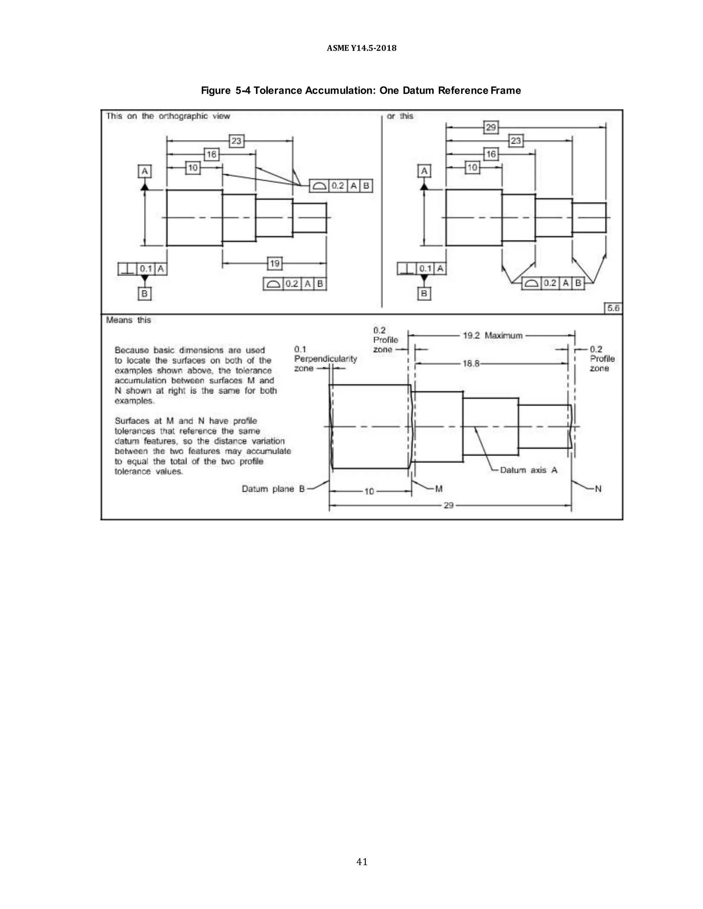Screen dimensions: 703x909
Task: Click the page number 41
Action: (x=361, y=862)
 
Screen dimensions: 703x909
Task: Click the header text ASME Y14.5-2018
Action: (x=361, y=48)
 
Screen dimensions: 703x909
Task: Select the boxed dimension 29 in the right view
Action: (x=491, y=127)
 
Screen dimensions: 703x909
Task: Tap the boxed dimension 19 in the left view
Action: (x=275, y=263)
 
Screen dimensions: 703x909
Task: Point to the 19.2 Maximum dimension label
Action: (x=492, y=335)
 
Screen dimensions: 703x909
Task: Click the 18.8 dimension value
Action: (x=471, y=363)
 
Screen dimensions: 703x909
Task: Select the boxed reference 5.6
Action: (x=613, y=308)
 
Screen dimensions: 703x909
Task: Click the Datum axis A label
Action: (x=528, y=470)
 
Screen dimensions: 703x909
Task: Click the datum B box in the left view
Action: (x=145, y=293)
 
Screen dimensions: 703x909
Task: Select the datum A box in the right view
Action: (x=424, y=170)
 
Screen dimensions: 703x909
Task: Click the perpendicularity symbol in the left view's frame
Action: (x=127, y=269)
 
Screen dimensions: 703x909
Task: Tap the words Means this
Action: (x=128, y=320)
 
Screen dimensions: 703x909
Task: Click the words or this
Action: (x=400, y=116)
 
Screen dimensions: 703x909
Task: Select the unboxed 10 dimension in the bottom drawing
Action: (x=369, y=492)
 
